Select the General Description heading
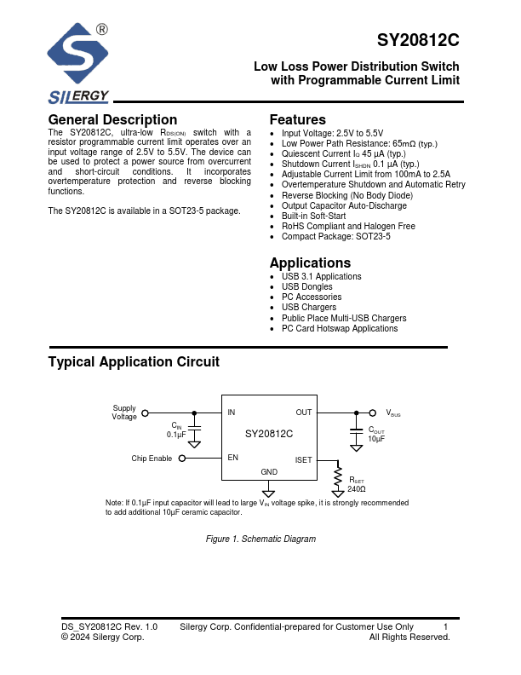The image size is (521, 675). pos(112,120)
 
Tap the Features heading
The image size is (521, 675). pos(297,120)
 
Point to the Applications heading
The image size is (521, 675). pos(310,263)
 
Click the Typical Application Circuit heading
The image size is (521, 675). pos(134,362)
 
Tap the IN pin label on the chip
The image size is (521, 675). pos(232,412)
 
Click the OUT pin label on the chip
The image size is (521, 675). pos(304,412)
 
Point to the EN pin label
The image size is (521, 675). pos(232,458)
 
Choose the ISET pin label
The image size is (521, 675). pos(303,460)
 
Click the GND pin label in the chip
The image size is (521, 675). pos(269,472)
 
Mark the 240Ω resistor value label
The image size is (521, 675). pos(357,490)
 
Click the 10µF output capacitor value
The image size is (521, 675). pos(376,439)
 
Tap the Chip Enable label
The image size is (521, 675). pos(152,459)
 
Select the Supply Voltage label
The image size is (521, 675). pos(124,412)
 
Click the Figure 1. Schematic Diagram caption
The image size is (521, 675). pos(261,539)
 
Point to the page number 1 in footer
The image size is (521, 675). pos(446,627)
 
